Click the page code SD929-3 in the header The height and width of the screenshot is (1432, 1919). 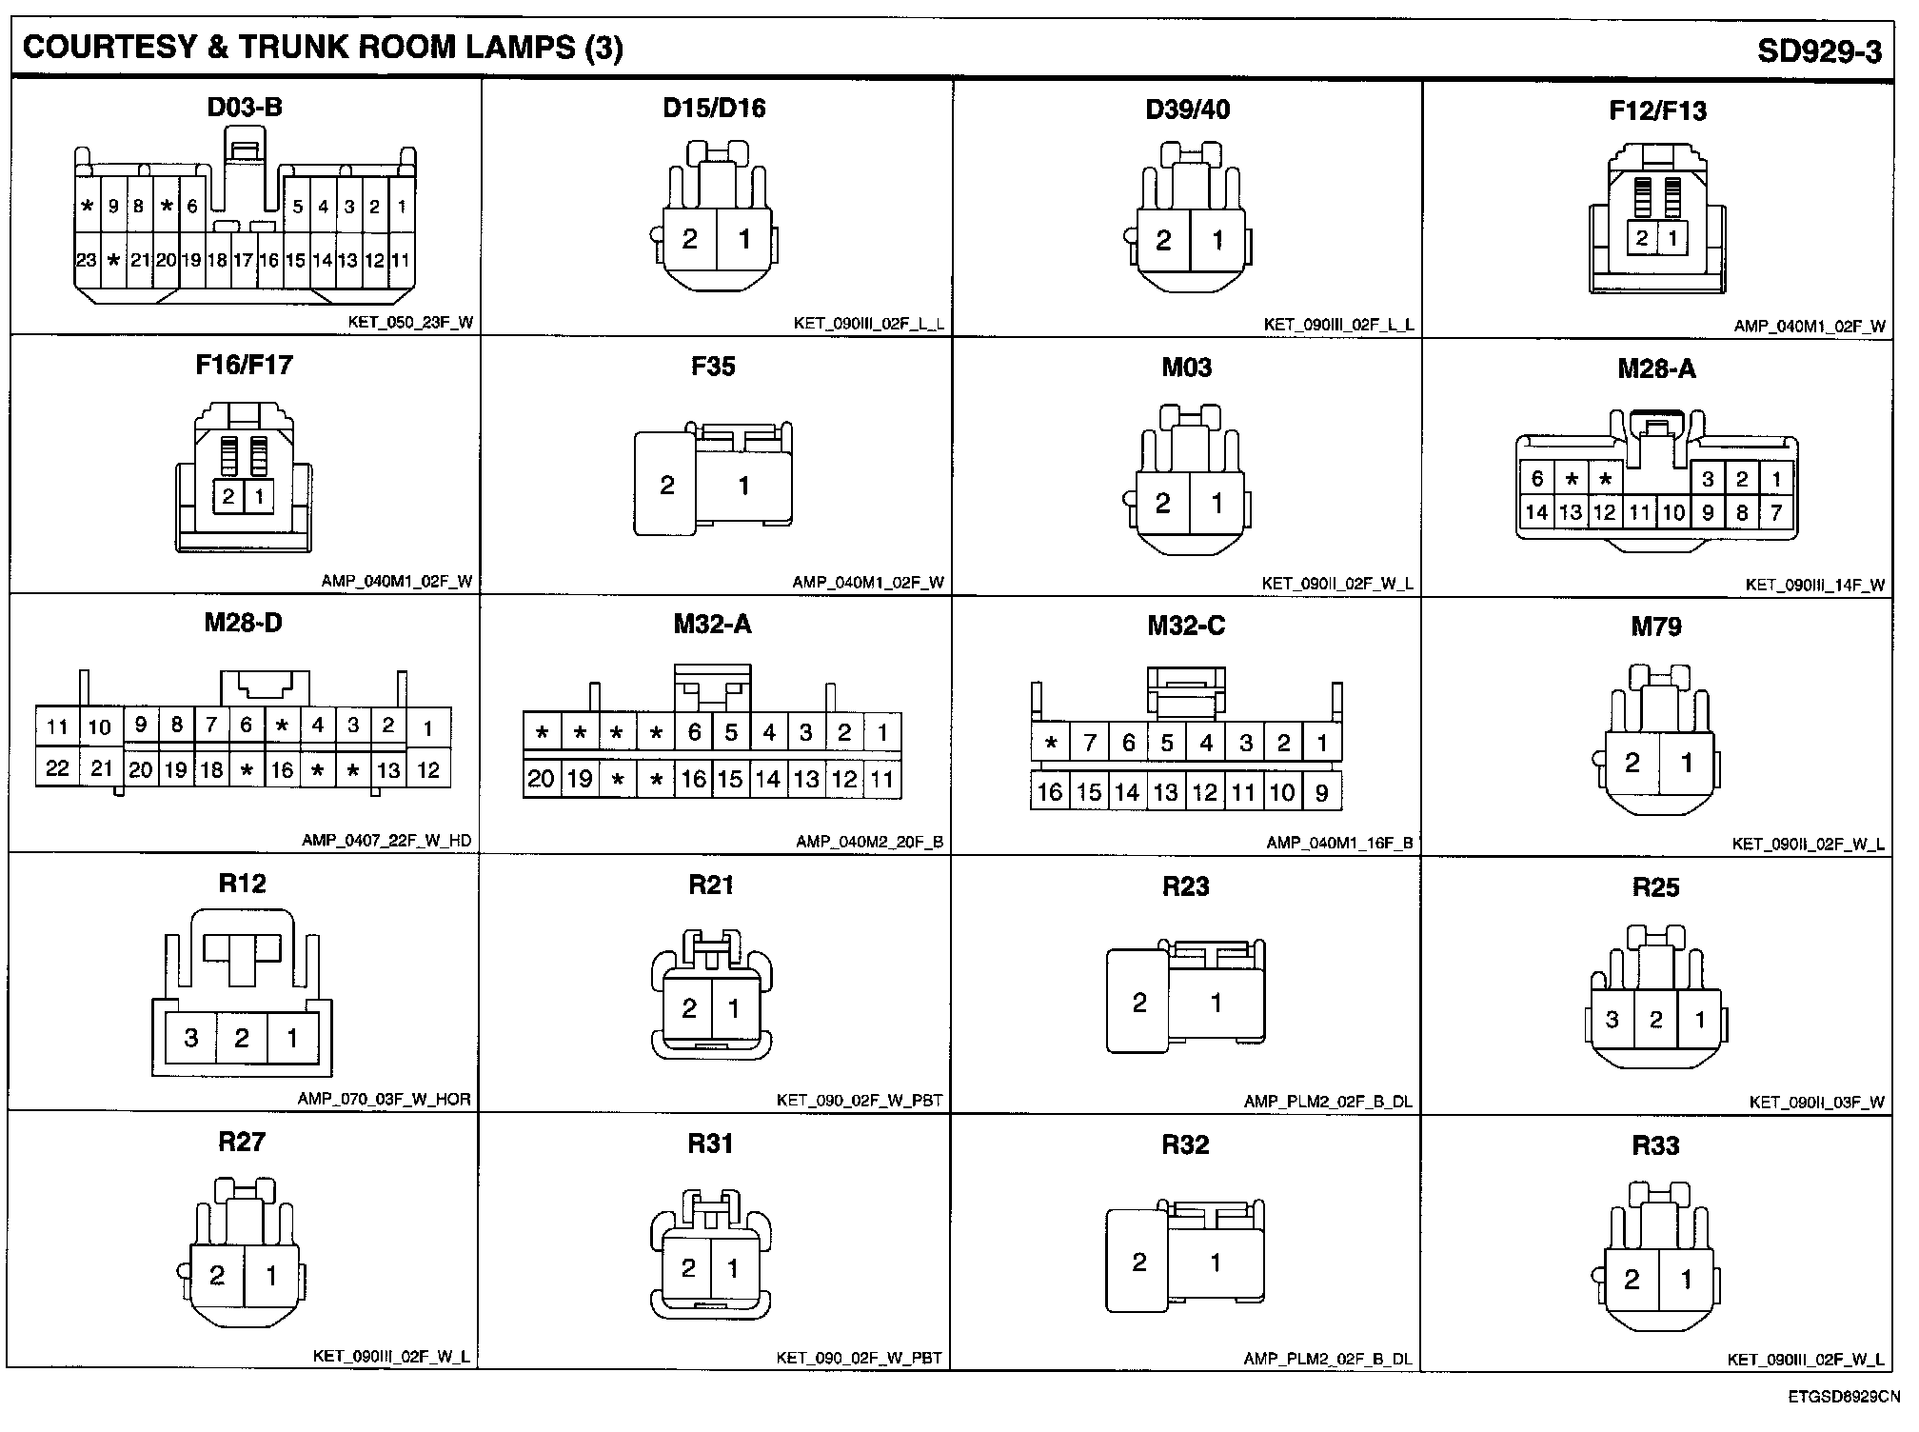click(1819, 50)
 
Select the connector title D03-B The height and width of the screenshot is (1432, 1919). click(245, 107)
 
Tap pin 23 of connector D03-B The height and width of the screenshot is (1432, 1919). click(86, 260)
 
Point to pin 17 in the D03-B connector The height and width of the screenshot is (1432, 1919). click(243, 260)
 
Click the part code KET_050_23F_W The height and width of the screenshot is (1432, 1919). click(410, 323)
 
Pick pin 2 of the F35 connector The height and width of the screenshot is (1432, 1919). click(666, 486)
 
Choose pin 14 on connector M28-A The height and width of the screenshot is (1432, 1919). click(1536, 513)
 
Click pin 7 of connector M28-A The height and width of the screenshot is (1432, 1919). click(1776, 513)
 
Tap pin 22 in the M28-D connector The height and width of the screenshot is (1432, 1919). click(57, 768)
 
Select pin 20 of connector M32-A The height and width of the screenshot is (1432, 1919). click(541, 779)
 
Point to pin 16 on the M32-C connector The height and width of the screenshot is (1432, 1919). click(1049, 792)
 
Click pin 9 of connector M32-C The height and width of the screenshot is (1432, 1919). click(1321, 792)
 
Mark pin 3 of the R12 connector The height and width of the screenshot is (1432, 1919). click(191, 1038)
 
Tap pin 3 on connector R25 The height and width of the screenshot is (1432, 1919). click(1612, 1020)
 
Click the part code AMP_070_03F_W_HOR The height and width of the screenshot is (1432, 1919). click(384, 1099)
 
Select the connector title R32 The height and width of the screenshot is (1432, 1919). click(1185, 1144)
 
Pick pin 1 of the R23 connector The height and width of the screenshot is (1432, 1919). click(1216, 1003)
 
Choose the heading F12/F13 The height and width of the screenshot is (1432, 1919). click(1657, 110)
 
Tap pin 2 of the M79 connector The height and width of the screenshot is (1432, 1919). click(1632, 762)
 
